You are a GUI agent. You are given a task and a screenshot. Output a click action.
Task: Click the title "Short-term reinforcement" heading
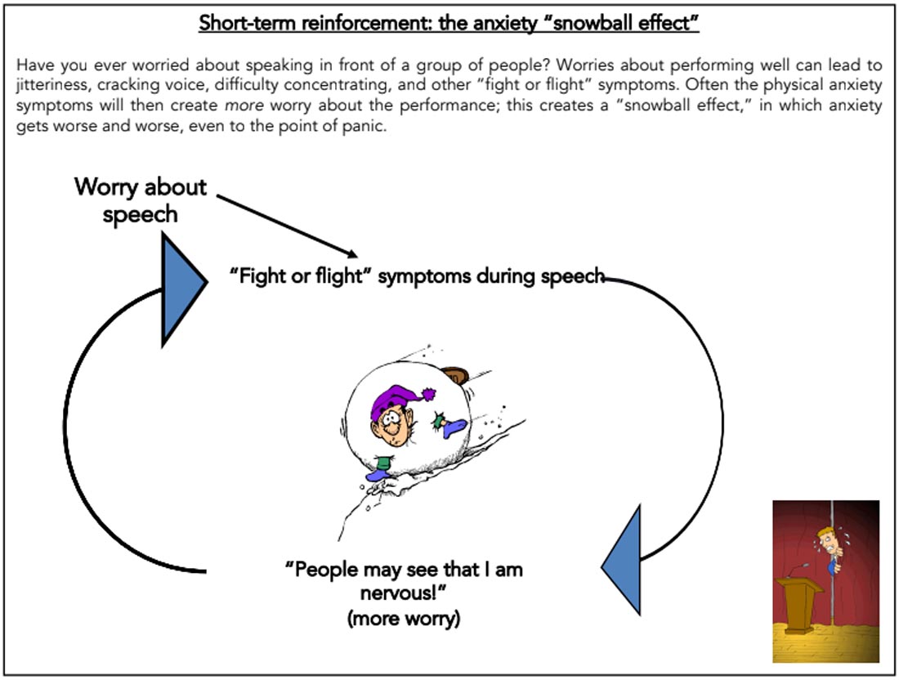[x=449, y=23]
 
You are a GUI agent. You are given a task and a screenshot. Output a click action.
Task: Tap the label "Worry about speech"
[x=141, y=200]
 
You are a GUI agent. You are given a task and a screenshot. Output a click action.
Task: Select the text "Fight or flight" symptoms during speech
[x=417, y=276]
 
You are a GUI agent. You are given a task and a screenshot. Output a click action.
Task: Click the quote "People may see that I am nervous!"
[x=405, y=579]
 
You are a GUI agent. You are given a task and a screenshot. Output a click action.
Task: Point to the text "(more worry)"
[x=405, y=618]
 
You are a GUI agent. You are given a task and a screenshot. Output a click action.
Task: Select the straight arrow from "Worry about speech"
[x=290, y=226]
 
